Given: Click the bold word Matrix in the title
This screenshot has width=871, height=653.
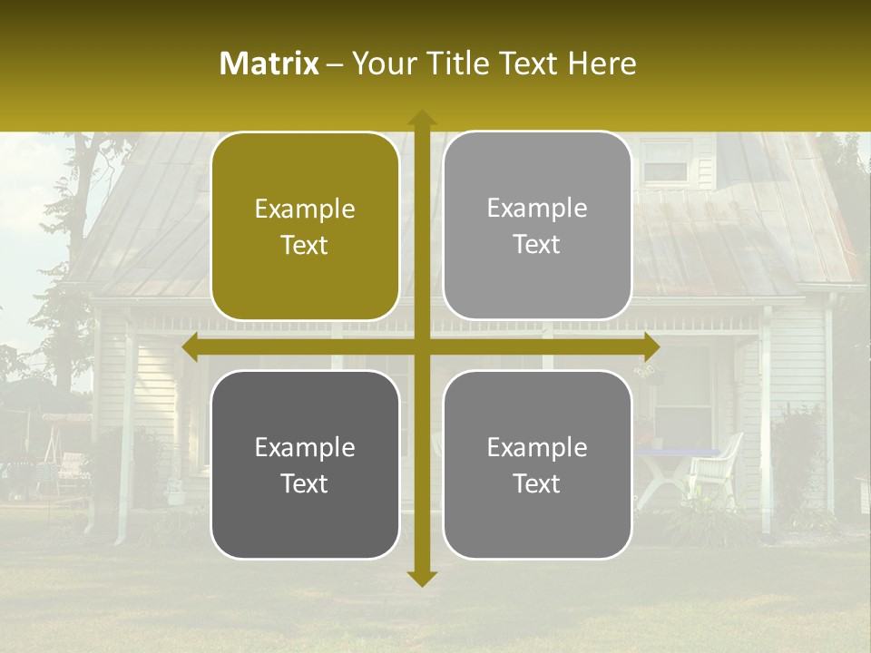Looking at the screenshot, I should tap(269, 63).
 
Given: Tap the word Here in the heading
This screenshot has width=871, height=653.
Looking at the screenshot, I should tap(602, 63).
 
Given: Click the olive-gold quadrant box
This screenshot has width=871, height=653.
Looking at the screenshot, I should tap(305, 227).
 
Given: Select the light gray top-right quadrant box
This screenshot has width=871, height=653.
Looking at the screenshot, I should tap(537, 226).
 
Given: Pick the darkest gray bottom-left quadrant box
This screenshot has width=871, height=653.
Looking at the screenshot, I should tap(305, 464).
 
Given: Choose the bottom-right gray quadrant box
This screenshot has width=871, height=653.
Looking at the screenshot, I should tap(537, 464).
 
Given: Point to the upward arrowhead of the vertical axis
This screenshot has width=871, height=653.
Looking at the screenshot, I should tap(422, 117).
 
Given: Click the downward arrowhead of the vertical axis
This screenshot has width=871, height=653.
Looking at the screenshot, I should tap(422, 579).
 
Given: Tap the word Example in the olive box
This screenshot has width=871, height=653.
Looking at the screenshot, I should tap(305, 210).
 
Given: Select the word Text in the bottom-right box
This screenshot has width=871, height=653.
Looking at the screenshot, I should tap(537, 483).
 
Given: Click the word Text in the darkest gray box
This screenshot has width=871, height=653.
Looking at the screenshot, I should tap(305, 483).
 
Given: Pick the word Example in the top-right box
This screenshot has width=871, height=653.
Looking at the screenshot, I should tap(537, 209).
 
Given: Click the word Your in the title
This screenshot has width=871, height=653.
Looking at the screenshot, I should tap(382, 63).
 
